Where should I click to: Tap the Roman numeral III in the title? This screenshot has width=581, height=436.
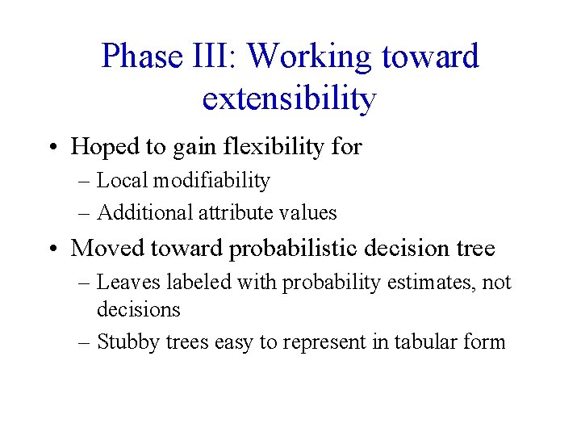click(x=217, y=57)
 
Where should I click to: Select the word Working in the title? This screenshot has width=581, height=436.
click(x=309, y=57)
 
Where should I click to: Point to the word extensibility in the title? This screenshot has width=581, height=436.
click(x=290, y=99)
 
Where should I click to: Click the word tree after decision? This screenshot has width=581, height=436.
click(x=474, y=248)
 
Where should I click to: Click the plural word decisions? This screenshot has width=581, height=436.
click(x=138, y=309)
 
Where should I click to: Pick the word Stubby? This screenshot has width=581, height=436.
click(x=123, y=342)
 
